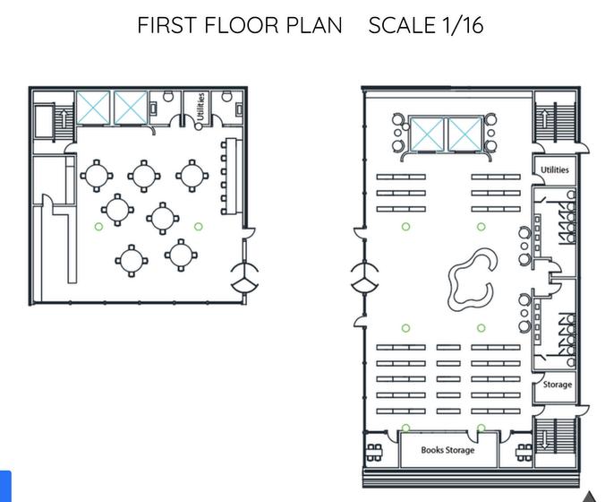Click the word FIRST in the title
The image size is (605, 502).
(166, 25)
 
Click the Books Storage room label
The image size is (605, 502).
(447, 450)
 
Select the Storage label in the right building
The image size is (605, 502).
(558, 385)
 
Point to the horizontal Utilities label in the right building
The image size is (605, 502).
(555, 169)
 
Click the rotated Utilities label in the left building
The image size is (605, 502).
(200, 107)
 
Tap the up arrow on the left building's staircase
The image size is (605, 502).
(64, 116)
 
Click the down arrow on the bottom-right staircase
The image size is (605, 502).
(544, 440)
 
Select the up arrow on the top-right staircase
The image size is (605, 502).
(544, 117)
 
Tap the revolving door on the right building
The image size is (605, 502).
(364, 277)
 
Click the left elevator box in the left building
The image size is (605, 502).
(93, 108)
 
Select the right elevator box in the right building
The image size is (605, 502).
(465, 134)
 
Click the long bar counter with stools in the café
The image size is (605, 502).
(231, 177)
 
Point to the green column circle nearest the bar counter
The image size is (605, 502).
(199, 227)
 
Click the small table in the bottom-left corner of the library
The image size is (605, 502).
(374, 453)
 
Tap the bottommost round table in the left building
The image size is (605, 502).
(132, 261)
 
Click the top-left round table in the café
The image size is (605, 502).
(97, 176)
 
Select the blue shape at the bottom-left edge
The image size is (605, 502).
(5, 486)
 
